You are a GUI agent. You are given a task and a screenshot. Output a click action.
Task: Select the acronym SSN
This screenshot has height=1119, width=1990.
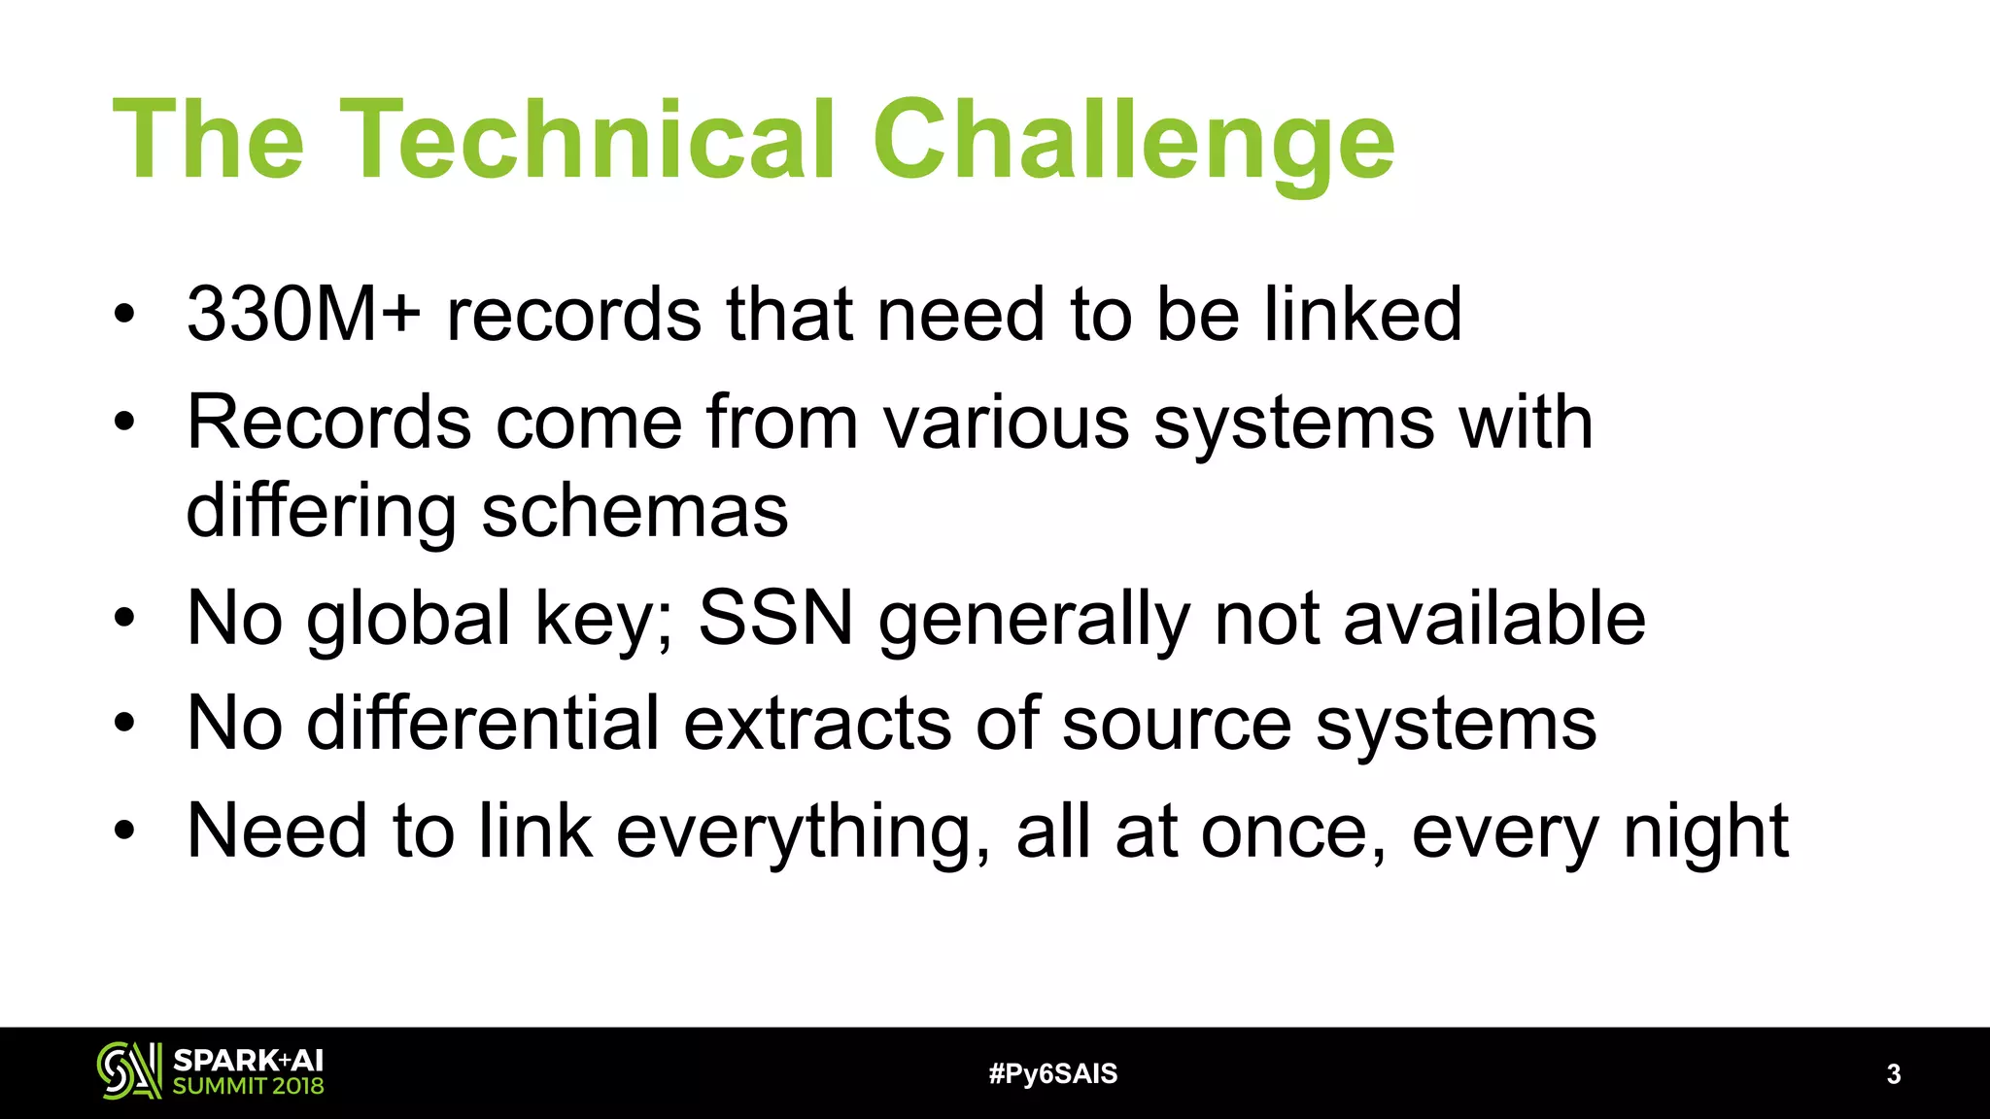775,618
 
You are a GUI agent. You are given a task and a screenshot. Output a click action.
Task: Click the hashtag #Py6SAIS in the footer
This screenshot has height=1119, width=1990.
1052,1074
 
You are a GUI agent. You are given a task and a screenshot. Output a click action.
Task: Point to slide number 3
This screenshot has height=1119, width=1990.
1893,1074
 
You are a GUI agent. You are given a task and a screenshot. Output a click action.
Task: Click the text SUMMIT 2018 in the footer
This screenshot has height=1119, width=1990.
248,1086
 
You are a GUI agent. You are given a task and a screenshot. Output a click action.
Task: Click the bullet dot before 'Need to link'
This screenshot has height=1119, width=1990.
123,831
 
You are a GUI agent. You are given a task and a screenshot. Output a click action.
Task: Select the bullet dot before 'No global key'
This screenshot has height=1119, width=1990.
123,619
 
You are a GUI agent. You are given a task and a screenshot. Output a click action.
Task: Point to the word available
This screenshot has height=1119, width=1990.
1493,619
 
